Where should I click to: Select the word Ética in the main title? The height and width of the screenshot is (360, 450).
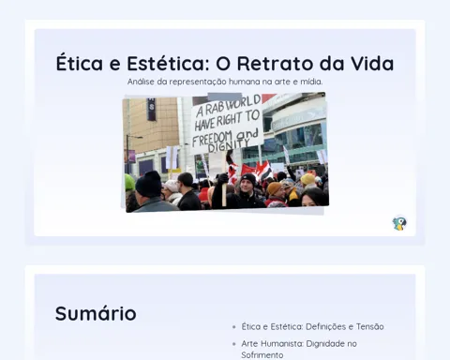80,63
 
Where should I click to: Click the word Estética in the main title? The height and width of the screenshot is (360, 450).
166,63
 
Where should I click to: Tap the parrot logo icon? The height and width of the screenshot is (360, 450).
399,223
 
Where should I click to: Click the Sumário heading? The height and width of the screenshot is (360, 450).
96,313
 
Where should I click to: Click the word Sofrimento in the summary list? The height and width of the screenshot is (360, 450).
262,355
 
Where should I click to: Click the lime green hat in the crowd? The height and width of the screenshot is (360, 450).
129,183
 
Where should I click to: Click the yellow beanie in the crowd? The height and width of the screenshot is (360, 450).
307,179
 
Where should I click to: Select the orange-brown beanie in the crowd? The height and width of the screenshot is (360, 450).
275,188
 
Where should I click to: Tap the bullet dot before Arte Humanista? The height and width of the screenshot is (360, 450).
234,344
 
